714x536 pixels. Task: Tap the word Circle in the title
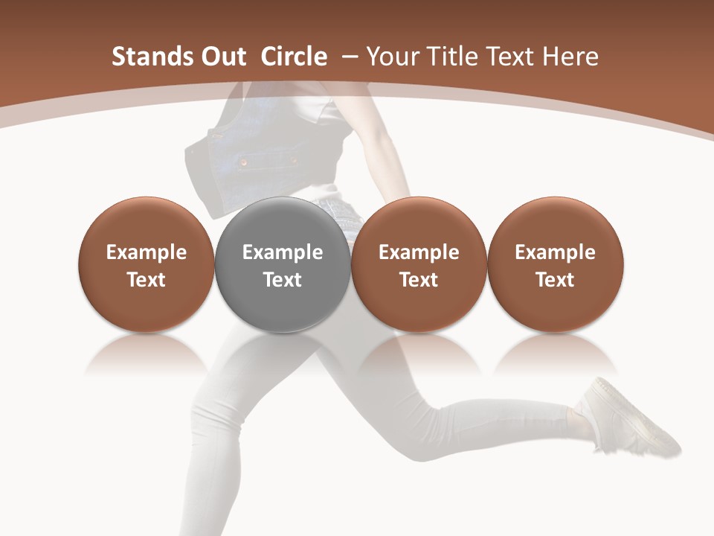click(x=294, y=57)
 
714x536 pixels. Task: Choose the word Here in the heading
click(x=571, y=57)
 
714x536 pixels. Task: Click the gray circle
click(x=283, y=264)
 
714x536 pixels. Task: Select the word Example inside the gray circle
click(x=283, y=252)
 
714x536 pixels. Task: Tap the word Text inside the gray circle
click(x=283, y=280)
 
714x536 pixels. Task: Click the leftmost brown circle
click(x=147, y=264)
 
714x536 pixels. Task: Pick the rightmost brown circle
click(x=556, y=264)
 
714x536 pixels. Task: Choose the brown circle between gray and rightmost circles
click(x=419, y=264)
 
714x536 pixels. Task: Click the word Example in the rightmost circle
click(x=556, y=252)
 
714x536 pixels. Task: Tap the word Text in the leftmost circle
click(x=147, y=280)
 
